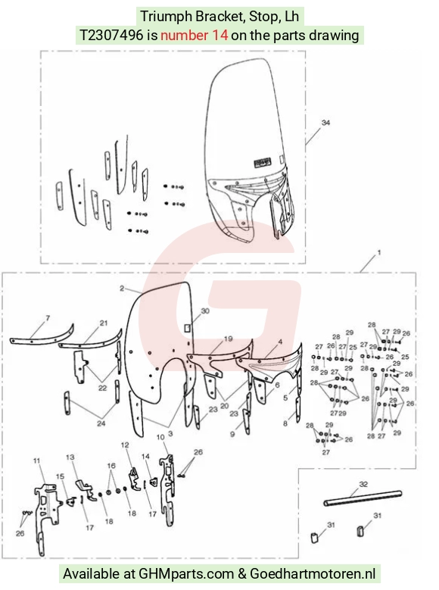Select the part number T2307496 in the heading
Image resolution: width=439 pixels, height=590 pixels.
coord(111,35)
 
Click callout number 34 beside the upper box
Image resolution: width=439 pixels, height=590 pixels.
coord(325,123)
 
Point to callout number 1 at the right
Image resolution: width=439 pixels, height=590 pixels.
coord(378,252)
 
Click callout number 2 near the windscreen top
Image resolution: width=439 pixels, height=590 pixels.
coord(122,289)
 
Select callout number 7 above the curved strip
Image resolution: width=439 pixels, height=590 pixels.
coord(48,318)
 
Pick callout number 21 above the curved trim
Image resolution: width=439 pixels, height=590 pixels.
coord(104,323)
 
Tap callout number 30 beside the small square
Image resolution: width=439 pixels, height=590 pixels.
coord(205,311)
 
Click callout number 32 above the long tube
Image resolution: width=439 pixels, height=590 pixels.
coord(363,484)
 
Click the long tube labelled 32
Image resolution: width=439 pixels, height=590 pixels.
coord(363,498)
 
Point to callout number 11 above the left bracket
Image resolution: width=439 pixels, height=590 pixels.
coord(36,460)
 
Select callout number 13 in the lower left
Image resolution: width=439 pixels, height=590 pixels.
coord(70,457)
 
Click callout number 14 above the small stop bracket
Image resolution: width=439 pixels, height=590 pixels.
coord(145,456)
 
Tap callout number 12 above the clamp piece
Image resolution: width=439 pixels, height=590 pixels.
coord(125,445)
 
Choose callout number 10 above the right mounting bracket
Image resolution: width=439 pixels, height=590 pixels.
coord(160,437)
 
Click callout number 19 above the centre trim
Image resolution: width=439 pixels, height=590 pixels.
coord(229,339)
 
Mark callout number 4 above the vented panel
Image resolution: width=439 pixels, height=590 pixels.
coord(280,342)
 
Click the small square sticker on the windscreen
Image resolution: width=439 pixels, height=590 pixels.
coord(188,328)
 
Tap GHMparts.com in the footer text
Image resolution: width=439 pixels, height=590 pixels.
coord(187,574)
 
